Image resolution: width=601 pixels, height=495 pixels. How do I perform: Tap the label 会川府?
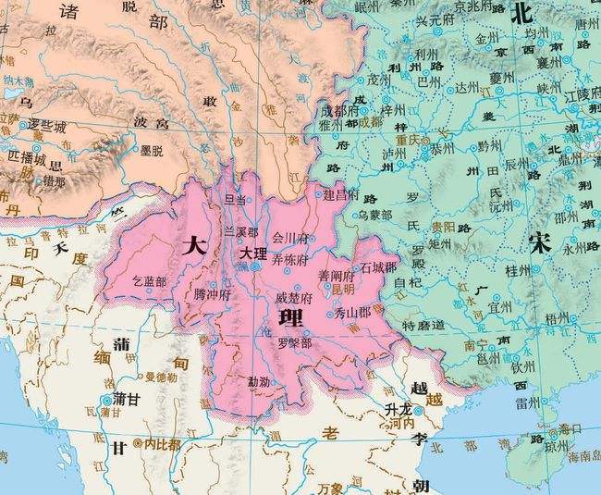click(x=289, y=238)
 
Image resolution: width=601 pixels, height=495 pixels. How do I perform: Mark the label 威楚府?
click(x=294, y=298)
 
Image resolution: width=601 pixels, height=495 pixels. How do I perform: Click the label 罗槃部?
click(x=294, y=341)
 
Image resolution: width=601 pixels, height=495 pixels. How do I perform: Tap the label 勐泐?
click(x=259, y=380)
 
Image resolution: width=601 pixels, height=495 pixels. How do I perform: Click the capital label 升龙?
click(x=398, y=409)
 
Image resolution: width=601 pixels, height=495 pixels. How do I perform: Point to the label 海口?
click(x=570, y=429)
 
